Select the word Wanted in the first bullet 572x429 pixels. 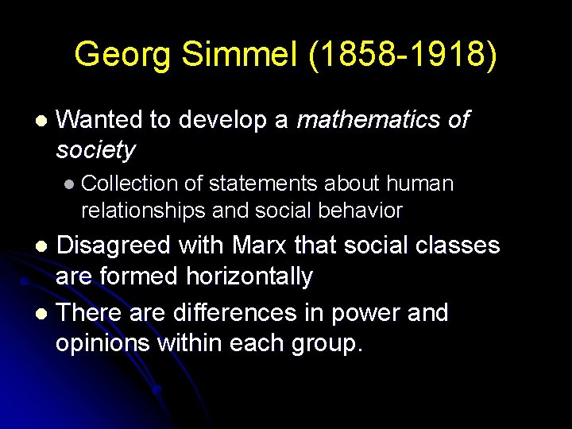pyautogui.click(x=99, y=120)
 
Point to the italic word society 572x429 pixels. pyautogui.click(x=95, y=150)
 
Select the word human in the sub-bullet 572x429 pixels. pyautogui.click(x=419, y=184)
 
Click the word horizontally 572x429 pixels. pyautogui.click(x=249, y=276)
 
